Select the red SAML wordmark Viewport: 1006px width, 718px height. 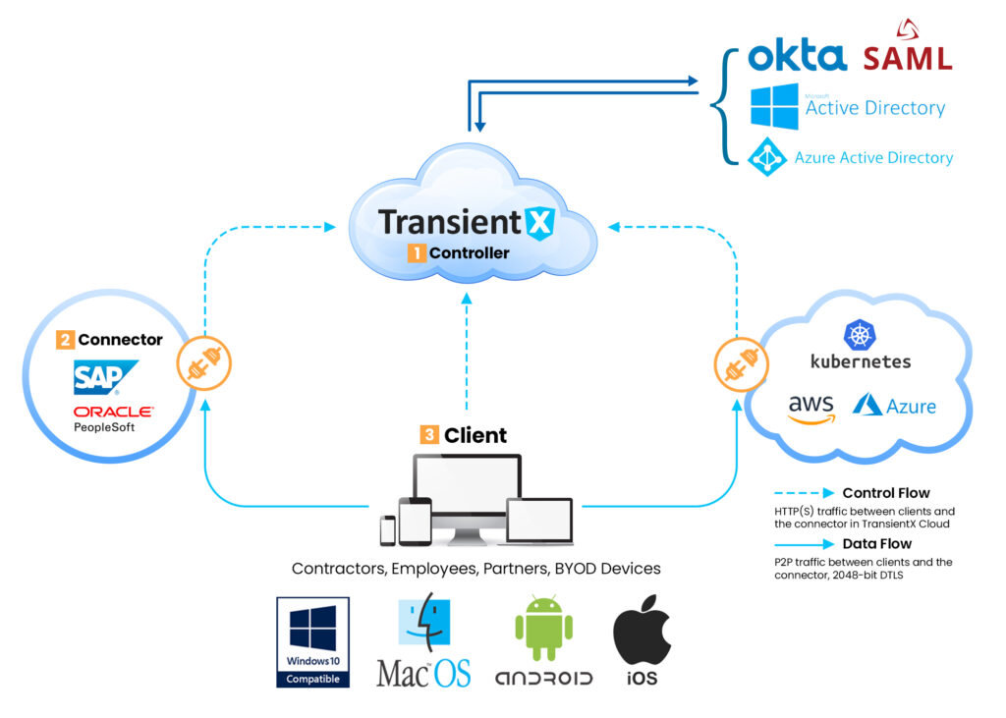907,56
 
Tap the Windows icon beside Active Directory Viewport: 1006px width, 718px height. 774,106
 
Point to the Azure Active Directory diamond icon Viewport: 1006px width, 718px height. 767,157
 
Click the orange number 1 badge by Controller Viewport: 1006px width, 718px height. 417,252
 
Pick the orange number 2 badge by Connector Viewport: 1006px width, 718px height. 66,340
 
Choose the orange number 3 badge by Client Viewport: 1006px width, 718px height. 429,433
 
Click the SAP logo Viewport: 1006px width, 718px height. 105,377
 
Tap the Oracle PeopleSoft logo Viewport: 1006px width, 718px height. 112,417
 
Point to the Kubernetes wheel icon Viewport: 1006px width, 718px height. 860,334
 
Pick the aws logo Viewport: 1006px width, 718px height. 810,407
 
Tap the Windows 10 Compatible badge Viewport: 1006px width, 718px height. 312,641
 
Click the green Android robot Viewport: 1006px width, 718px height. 543,629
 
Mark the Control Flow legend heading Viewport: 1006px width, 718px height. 885,493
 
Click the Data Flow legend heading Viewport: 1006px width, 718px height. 876,543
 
